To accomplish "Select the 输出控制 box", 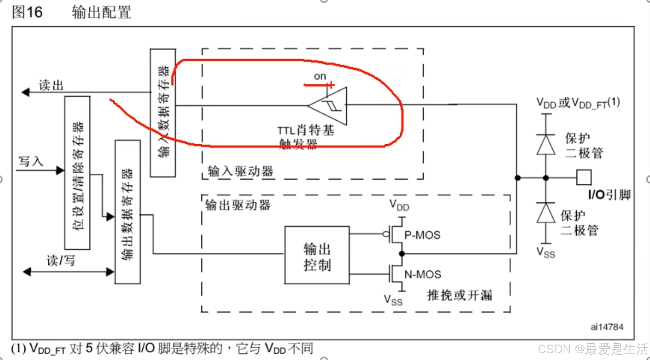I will (317, 255).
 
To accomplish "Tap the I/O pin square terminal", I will (584, 178).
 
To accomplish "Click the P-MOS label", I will (422, 235).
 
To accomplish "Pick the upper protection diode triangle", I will (546, 145).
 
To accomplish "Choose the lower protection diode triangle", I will (546, 213).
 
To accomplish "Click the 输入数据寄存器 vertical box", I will (163, 113).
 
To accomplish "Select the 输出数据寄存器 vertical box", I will (128, 212).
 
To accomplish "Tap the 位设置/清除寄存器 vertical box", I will (77, 173).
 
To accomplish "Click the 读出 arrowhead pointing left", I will (26, 92).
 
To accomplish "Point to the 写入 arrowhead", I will (60, 170).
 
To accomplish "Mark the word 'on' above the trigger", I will (320, 76).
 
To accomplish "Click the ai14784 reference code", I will (607, 327).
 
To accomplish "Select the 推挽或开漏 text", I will (460, 295).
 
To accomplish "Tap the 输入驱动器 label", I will (240, 171).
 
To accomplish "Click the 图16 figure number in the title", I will (27, 12).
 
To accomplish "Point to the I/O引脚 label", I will (609, 195).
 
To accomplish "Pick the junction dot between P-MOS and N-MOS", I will (402, 254).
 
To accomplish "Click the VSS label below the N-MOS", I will (393, 300).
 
